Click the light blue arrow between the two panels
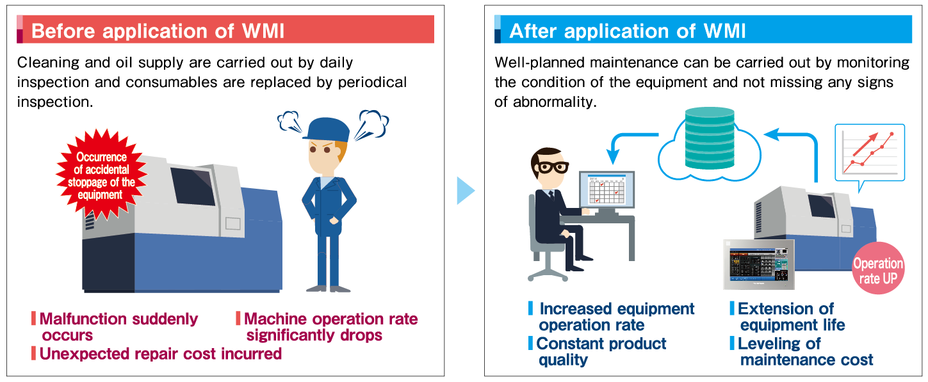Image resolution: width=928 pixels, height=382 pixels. coord(465,191)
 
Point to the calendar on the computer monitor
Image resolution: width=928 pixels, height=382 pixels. coord(606,191)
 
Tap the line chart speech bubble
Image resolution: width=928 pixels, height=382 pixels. coord(869,154)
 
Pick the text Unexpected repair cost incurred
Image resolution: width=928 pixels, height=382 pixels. coord(160,353)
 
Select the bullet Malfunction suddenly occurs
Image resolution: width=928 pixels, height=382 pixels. coord(118,326)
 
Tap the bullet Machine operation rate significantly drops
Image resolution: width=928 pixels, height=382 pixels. coord(330,326)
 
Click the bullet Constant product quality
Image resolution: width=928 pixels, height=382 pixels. coord(601,351)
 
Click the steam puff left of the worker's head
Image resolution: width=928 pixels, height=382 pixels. coord(290,122)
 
